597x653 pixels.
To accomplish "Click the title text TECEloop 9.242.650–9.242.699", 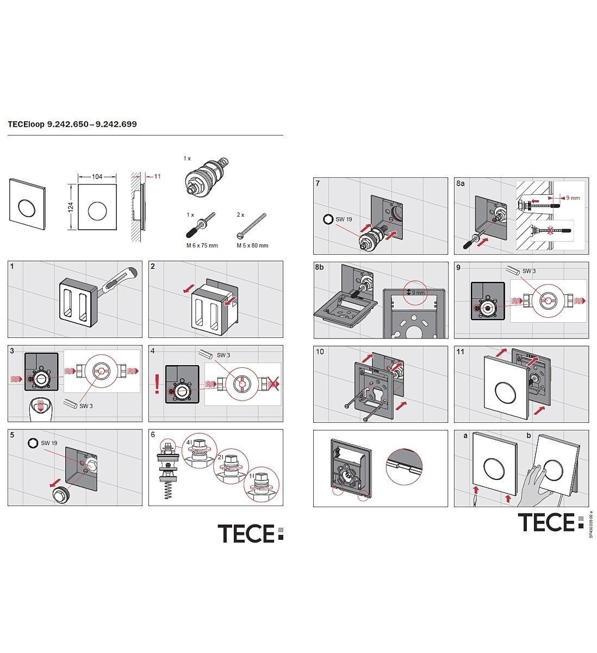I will pos(72,124).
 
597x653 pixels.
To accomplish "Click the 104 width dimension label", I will pos(97,177).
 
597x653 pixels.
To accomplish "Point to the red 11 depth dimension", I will pos(158,177).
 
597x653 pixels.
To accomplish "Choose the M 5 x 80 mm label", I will pos(252,245).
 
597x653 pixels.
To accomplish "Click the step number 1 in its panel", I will pos(12,267).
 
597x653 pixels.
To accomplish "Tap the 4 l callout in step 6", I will pos(190,443).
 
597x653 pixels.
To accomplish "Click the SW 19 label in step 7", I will pos(343,219).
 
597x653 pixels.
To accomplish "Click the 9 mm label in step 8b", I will pos(418,292).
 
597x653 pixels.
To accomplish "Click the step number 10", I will pos(320,352).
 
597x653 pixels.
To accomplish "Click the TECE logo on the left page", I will pos(251,533).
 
